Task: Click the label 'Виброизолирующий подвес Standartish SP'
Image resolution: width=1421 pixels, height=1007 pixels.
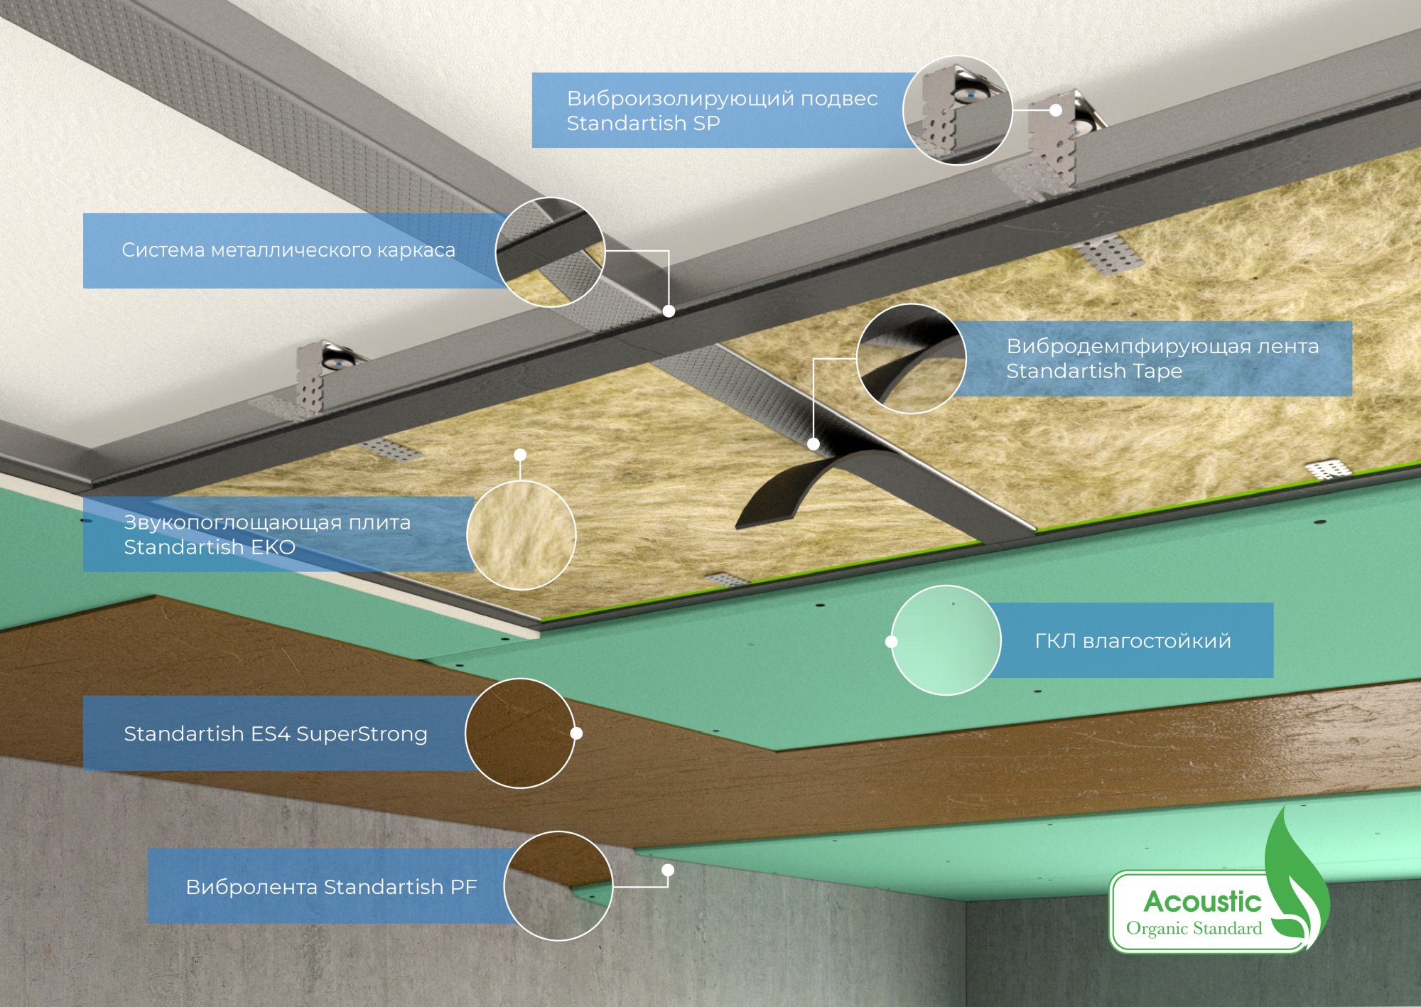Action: coord(722,110)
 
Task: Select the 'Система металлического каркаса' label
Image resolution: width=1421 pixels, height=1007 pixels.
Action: coord(288,250)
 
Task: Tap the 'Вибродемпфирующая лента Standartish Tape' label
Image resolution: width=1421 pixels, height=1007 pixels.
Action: coord(1162,358)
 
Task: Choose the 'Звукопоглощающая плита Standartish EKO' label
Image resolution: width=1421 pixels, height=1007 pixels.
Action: coord(267,534)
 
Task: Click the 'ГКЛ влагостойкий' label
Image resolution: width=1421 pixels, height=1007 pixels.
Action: coord(1133,640)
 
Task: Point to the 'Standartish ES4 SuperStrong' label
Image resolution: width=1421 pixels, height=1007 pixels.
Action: coord(276,733)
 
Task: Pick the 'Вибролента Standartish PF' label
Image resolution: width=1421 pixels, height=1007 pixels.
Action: coord(331,886)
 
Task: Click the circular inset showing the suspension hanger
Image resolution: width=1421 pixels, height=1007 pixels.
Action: coord(957,110)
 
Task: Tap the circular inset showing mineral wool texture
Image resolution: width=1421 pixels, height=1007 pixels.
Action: coord(521,535)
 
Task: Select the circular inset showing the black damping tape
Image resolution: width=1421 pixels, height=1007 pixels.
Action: coord(912,359)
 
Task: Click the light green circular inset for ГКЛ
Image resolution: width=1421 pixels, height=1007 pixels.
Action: coord(946,640)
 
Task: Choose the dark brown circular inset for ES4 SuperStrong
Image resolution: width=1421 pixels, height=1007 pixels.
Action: coord(520,733)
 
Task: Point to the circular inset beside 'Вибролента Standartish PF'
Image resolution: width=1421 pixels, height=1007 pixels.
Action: coord(558,886)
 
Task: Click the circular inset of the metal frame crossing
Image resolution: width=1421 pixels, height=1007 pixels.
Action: coord(550,252)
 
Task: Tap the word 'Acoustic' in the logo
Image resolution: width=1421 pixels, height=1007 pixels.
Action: coord(1202,901)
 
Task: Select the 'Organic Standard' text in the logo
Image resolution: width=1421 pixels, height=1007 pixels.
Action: coord(1194,929)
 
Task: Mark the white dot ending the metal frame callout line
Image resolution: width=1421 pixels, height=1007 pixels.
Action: coord(669,311)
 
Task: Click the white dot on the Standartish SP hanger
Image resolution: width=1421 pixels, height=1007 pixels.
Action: coord(1056,110)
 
